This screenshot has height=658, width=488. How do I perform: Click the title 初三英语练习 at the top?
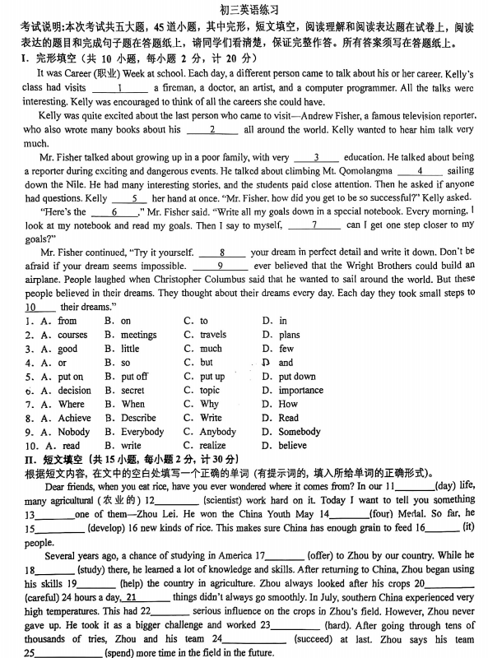pyautogui.click(x=244, y=9)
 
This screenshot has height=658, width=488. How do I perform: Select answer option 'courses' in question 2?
pyautogui.click(x=72, y=335)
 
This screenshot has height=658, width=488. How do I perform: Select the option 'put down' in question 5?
pyautogui.click(x=297, y=377)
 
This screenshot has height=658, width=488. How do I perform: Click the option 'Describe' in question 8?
pyautogui.click(x=138, y=418)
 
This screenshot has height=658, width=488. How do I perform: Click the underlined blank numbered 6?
pyautogui.click(x=123, y=211)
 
